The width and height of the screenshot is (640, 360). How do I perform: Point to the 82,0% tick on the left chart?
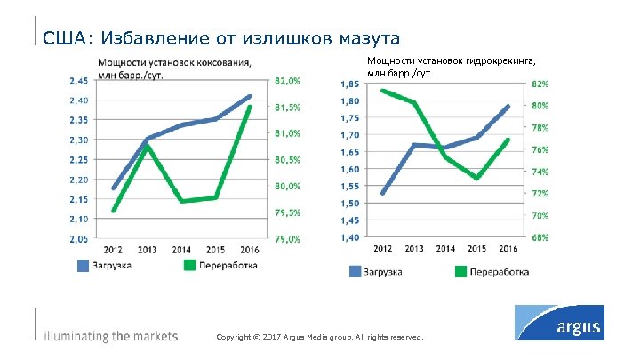click(x=287, y=80)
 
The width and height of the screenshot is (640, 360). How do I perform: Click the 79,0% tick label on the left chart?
click(x=287, y=238)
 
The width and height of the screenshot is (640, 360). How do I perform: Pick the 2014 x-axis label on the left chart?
click(x=181, y=250)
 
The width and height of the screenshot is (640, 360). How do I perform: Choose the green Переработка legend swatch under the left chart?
click(x=190, y=265)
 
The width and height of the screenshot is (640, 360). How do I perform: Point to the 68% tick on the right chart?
click(x=540, y=237)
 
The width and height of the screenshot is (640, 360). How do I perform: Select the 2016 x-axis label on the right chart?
click(x=508, y=248)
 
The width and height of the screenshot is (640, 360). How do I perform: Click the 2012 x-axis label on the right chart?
click(x=382, y=248)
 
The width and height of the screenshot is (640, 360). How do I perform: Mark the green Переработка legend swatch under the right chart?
click(x=460, y=271)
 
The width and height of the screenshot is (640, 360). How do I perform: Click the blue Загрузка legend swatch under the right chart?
click(x=355, y=271)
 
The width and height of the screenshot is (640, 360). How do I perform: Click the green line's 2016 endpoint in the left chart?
click(x=250, y=107)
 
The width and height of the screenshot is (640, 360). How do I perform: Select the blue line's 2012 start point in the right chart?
click(x=382, y=193)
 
